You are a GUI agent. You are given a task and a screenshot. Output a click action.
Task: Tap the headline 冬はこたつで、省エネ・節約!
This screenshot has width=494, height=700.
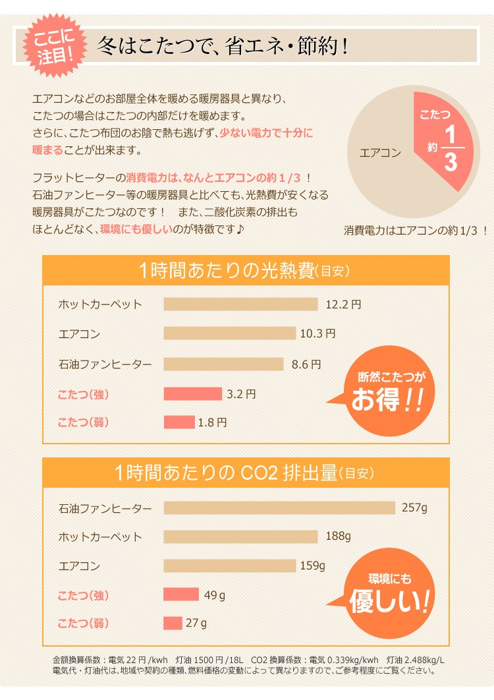[222, 47]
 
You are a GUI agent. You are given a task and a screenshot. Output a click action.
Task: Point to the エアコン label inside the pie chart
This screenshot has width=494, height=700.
[380, 153]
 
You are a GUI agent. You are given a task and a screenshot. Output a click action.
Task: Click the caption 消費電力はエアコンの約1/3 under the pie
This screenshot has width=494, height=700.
[416, 231]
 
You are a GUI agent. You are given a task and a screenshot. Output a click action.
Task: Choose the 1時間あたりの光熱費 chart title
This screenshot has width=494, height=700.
[245, 271]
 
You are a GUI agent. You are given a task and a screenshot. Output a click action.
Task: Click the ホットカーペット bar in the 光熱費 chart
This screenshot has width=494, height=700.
[240, 304]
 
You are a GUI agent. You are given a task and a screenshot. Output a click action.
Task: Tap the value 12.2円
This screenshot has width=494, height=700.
[343, 304]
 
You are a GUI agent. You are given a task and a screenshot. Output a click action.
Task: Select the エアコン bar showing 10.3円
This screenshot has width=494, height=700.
[229, 334]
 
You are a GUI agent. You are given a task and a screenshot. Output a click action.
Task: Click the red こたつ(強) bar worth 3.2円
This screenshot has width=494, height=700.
[192, 394]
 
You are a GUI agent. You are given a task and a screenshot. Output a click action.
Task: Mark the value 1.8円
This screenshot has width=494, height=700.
[213, 423]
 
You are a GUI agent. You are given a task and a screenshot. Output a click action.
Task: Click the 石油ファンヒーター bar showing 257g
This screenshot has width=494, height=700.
[279, 508]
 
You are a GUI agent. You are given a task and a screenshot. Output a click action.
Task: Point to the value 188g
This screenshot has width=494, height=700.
[338, 536]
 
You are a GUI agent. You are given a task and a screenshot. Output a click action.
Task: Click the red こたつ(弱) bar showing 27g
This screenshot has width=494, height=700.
[173, 623]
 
